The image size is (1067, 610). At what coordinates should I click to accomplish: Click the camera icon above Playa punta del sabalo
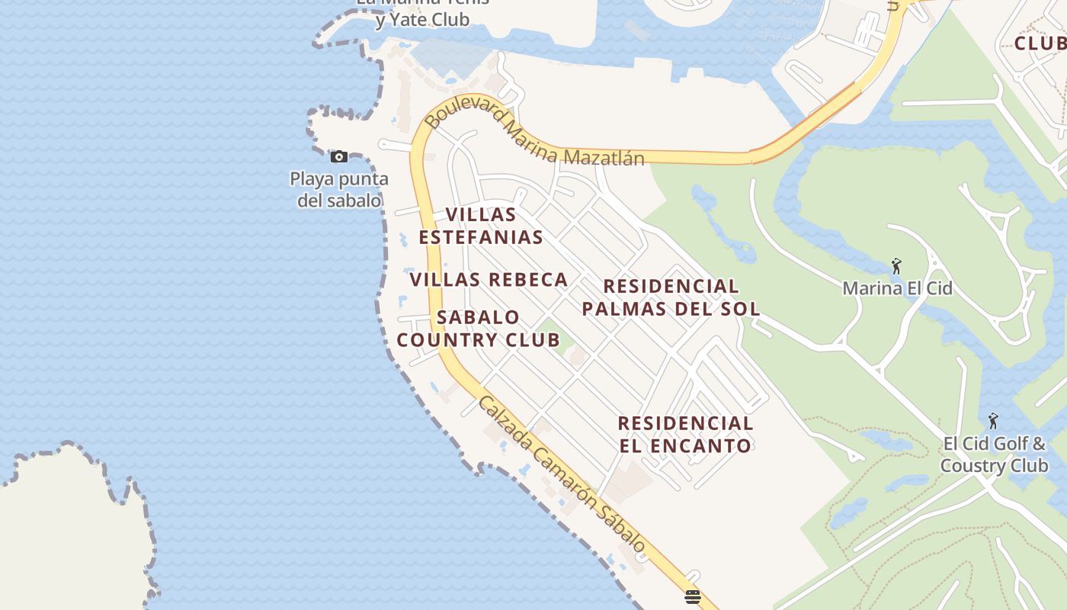[x=339, y=157]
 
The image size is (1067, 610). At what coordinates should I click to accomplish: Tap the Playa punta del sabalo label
[x=339, y=190]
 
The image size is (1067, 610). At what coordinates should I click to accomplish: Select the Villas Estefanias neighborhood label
[x=481, y=226]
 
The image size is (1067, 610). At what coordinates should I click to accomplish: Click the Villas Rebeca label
[x=489, y=280]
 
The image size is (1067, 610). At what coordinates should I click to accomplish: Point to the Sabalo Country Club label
[x=479, y=329]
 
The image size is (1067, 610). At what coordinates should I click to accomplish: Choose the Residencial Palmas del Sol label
[x=671, y=297]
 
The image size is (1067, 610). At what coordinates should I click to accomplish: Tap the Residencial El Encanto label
[x=685, y=434]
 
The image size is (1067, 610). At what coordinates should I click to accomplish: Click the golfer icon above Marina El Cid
[x=896, y=267]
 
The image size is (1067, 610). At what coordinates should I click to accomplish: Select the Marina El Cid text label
[x=897, y=288]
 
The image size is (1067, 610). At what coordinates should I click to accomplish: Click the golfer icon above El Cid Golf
[x=992, y=421]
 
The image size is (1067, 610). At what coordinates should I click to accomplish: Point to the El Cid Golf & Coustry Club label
[x=994, y=454]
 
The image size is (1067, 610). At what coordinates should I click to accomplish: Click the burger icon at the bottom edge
[x=692, y=597]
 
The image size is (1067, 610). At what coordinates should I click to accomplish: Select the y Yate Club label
[x=422, y=19]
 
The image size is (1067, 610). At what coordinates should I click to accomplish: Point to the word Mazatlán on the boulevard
[x=604, y=156]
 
